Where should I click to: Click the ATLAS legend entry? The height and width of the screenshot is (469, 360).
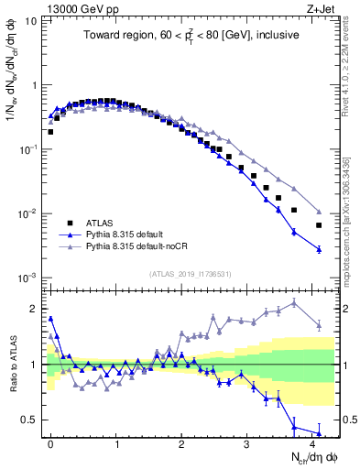tap(98, 223)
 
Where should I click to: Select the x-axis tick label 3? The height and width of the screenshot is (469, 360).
tap(246, 442)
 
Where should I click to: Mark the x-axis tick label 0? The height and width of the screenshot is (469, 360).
tap(50, 442)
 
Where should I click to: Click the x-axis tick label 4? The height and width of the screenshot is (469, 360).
tap(312, 442)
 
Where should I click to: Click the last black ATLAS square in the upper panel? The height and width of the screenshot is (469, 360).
tap(319, 225)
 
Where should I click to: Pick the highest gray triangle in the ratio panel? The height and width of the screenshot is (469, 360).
tap(294, 303)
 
